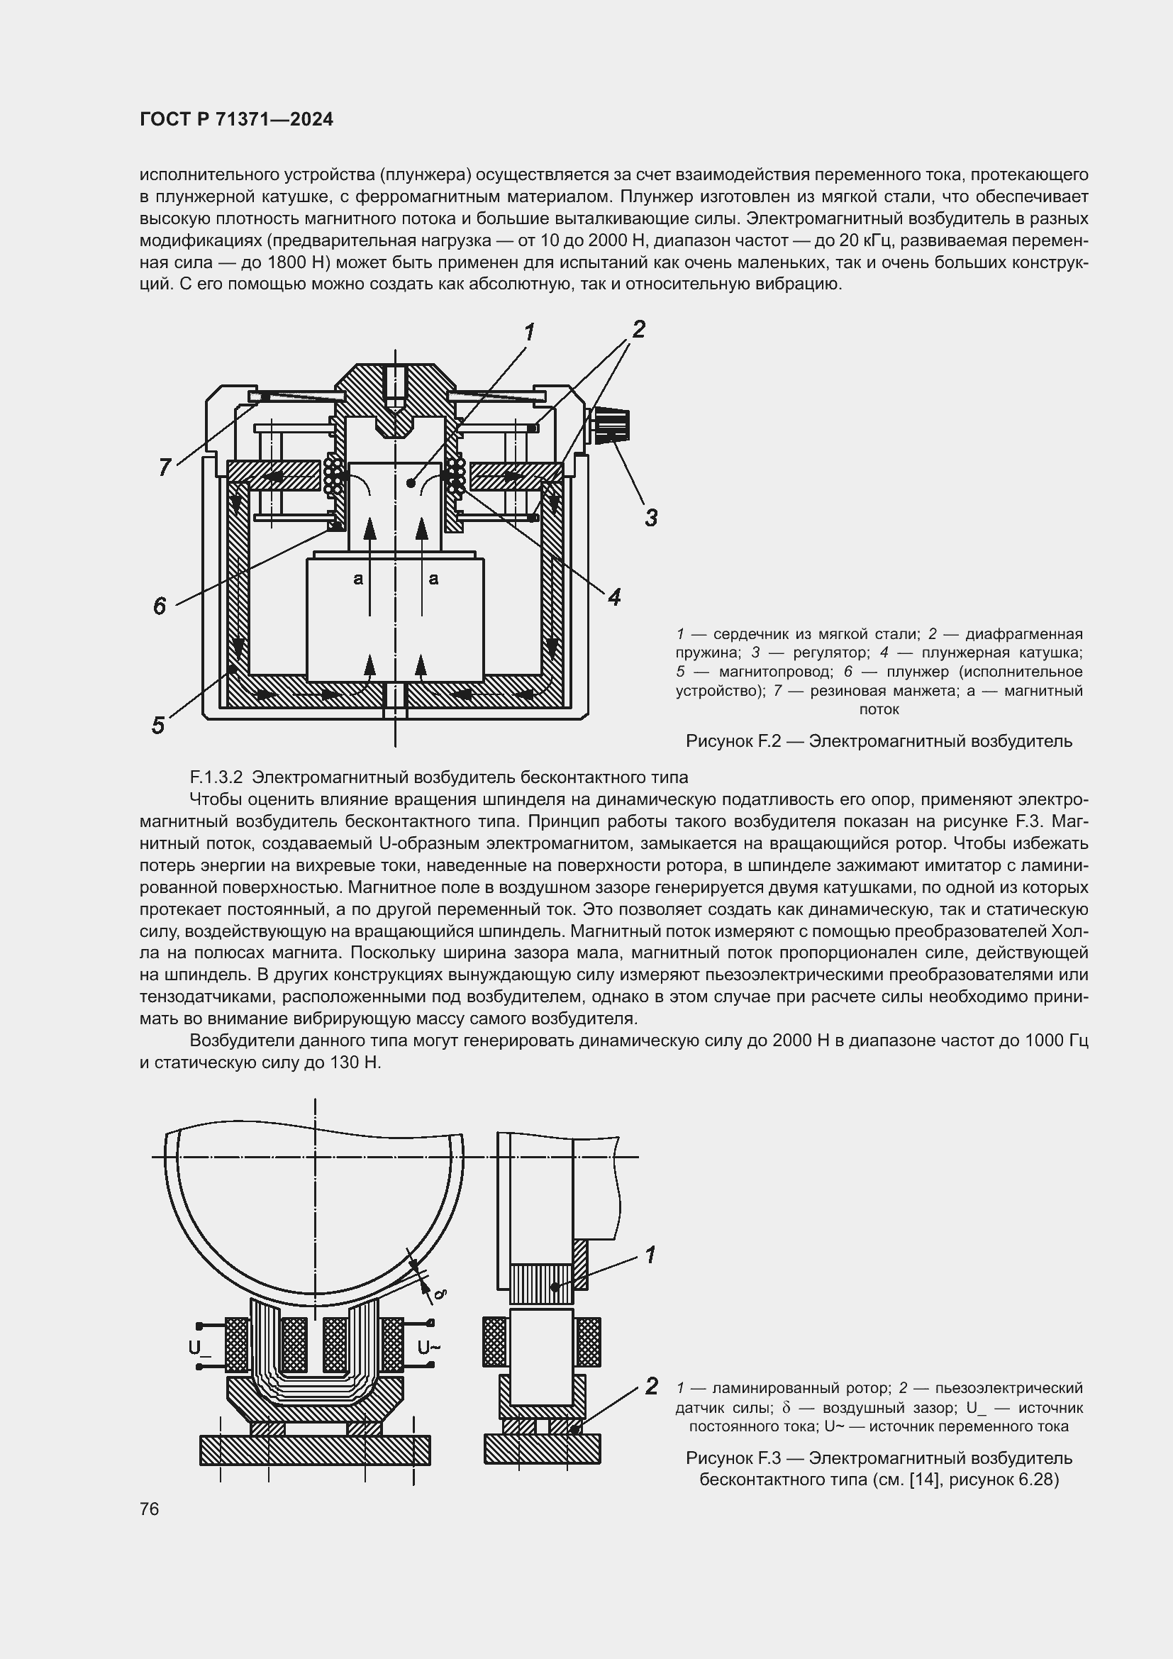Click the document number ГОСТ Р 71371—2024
[236, 119]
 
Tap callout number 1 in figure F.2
[529, 333]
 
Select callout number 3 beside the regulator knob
[651, 517]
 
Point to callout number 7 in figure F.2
[165, 467]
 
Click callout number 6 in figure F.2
[160, 606]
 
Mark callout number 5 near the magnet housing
[158, 725]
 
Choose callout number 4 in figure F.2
[614, 597]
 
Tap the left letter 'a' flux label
[357, 578]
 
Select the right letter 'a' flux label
[433, 578]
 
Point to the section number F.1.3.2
[217, 777]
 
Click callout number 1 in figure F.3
[650, 1255]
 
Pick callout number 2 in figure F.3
[652, 1386]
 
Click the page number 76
[150, 1509]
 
